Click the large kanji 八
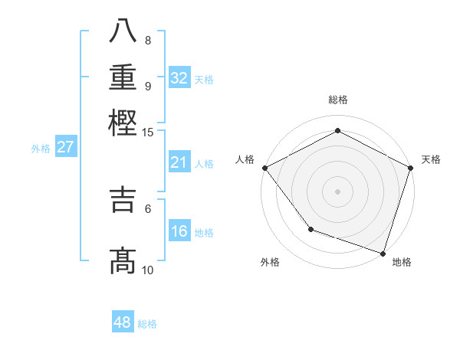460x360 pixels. [123, 31]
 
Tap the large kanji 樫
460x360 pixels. [123, 123]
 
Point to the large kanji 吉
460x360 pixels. [123, 199]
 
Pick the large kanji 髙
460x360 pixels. [123, 261]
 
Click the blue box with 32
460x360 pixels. [179, 78]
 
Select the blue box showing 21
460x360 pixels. [179, 162]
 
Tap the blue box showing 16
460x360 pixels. [179, 231]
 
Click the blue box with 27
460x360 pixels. [65, 148]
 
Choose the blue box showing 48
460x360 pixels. [123, 322]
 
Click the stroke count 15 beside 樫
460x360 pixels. [147, 132]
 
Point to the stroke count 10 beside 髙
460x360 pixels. [147, 270]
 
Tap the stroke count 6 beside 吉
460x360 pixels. [147, 208]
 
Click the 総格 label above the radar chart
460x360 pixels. [337, 100]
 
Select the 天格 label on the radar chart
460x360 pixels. [431, 159]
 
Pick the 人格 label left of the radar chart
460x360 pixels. [245, 159]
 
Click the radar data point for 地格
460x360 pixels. [383, 253]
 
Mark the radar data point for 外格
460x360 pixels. [310, 228]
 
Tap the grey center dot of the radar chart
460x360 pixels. [337, 191]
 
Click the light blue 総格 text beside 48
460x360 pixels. [147, 324]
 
